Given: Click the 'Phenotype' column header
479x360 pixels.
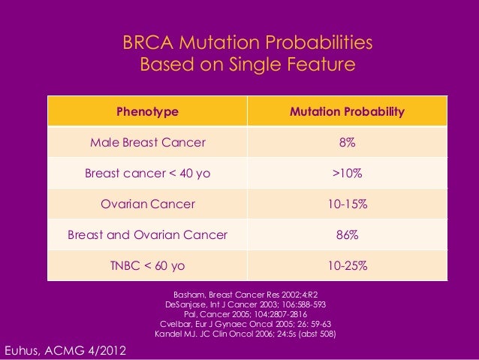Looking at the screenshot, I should point(147,112).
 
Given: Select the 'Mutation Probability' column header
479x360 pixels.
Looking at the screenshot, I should point(347,112).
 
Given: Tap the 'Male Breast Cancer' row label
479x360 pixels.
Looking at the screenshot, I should point(147,143).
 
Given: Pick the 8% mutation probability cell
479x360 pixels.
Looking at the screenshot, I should point(347,143).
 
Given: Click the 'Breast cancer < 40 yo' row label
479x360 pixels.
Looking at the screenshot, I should point(147,174).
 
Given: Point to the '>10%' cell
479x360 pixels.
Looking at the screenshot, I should point(347,174).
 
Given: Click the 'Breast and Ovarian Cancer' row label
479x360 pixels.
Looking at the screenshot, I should point(147,235).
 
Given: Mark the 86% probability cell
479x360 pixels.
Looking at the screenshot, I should point(347,235).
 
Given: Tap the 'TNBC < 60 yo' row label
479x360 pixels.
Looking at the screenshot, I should point(147,266).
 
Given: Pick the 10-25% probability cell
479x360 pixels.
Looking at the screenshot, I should point(347,266).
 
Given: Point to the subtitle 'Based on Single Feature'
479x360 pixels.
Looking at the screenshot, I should point(247,65).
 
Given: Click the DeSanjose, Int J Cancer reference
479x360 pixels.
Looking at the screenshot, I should point(245,305).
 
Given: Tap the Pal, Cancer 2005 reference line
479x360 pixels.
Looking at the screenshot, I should point(245,315).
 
